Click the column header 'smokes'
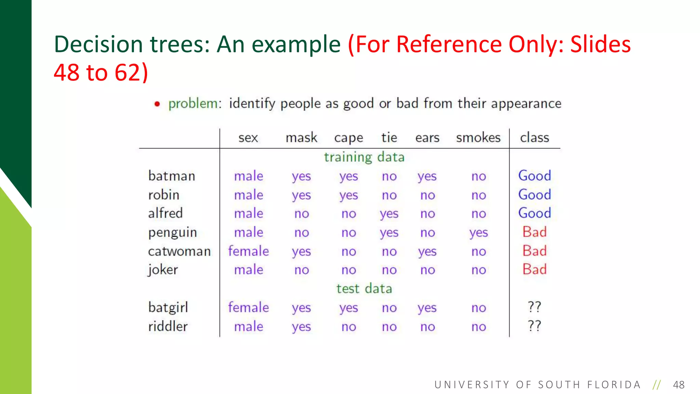coord(478,138)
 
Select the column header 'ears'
coord(427,138)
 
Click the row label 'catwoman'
coord(179,251)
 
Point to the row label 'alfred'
coord(165,213)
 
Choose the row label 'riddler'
coord(168,326)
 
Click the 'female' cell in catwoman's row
coord(248,251)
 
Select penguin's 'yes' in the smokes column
coord(479,233)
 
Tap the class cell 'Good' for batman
coord(535,176)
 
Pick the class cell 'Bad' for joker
coord(535,270)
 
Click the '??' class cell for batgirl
coord(535,307)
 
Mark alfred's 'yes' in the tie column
coord(389,214)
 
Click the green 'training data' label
coord(364,157)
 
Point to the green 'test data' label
coord(364,289)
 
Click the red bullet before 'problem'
coord(157,104)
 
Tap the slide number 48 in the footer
coord(678,385)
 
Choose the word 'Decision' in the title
coord(98,44)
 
